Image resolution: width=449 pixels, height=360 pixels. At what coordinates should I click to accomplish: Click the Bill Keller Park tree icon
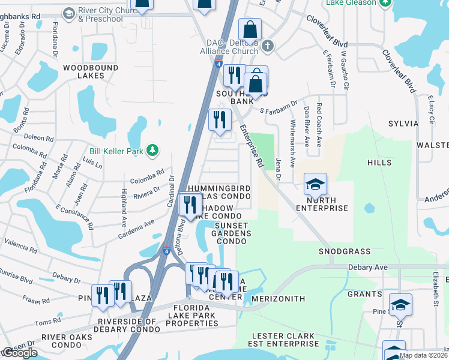[152, 150]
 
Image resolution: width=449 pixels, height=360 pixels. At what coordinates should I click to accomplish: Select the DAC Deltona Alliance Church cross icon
[268, 46]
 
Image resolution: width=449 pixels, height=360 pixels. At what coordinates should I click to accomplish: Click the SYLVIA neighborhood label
[403, 124]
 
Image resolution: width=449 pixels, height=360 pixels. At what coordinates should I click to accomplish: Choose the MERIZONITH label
[279, 299]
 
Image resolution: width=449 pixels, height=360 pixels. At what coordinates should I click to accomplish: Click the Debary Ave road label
[366, 266]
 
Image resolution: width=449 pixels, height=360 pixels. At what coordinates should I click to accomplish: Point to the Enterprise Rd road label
[252, 146]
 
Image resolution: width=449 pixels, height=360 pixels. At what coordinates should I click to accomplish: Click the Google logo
[19, 353]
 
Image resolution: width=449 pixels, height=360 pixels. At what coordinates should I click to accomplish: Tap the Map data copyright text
[423, 355]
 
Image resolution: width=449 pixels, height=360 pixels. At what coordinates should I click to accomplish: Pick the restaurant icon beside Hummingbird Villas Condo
[191, 206]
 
